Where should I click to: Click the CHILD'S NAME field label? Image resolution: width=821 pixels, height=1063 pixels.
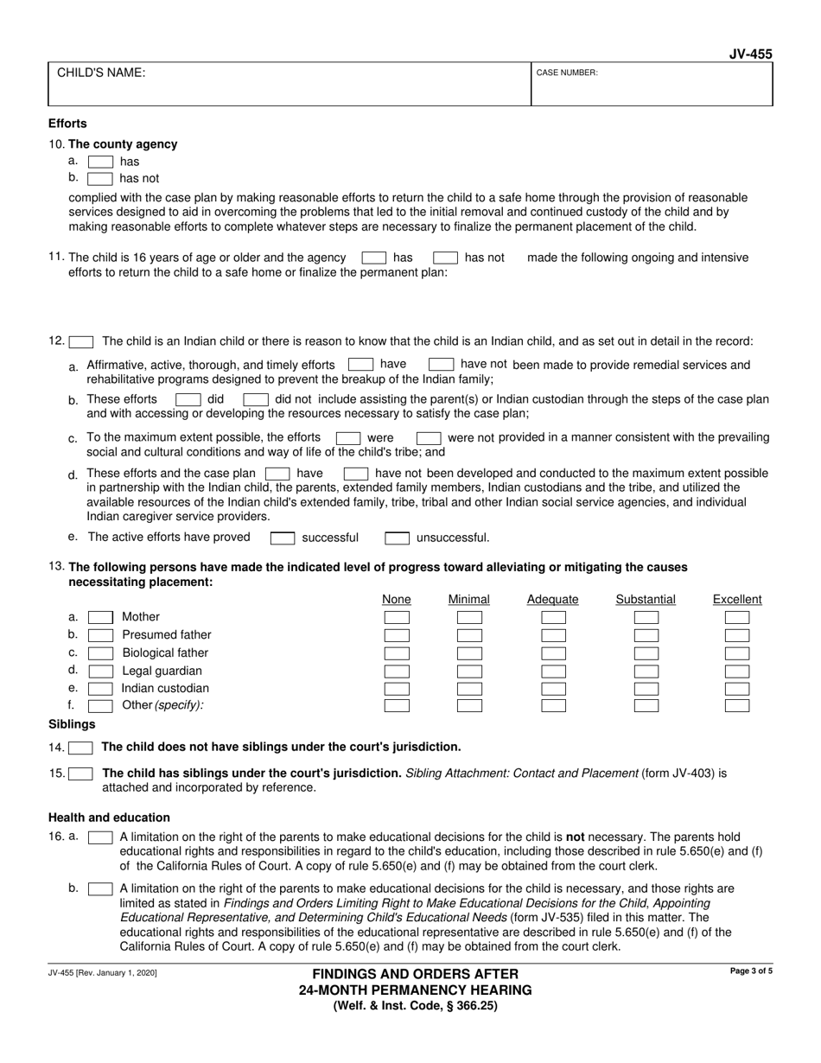101,73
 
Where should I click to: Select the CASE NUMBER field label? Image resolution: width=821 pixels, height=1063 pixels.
567,73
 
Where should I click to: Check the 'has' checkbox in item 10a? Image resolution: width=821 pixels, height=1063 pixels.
100,162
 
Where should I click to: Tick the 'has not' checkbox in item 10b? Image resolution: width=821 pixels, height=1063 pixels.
100,179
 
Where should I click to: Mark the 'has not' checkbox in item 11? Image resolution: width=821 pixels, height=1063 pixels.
445,258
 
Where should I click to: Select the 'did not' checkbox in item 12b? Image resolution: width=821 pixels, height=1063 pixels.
256,400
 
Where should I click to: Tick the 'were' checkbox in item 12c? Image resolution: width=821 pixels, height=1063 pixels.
347,438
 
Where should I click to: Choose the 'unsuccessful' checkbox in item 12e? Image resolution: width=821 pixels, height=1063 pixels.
397,538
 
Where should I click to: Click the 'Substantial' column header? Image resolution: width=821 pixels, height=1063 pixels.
646,600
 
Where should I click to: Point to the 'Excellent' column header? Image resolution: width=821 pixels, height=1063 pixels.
737,600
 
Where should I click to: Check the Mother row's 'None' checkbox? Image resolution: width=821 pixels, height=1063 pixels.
397,618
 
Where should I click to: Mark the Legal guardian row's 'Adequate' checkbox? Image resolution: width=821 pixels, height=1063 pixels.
553,672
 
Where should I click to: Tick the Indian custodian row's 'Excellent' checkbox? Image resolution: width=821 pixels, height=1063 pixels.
737,689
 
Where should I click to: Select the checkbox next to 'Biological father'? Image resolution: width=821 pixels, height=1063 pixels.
100,653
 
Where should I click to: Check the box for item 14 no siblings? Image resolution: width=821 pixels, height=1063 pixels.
81,748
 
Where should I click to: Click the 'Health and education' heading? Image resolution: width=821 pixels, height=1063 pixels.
109,818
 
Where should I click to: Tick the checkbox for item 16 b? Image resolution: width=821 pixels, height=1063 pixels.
100,888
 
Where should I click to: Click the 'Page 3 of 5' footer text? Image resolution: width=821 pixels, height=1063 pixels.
751,972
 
